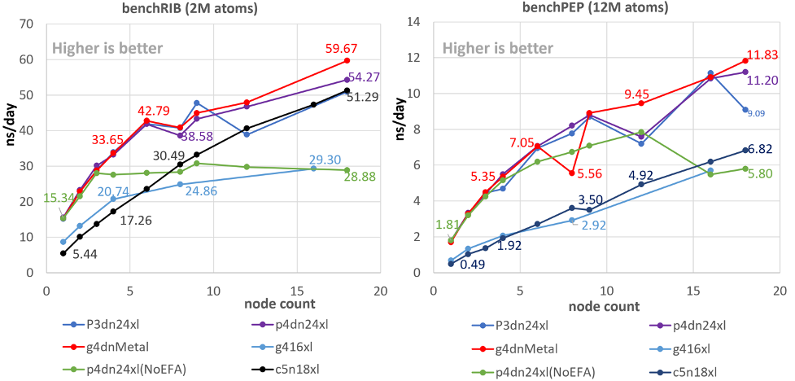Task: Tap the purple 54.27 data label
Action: (x=364, y=77)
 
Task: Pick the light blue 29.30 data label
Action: (x=325, y=160)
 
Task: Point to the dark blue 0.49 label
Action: (x=474, y=264)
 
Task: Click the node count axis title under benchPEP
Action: (x=605, y=305)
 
